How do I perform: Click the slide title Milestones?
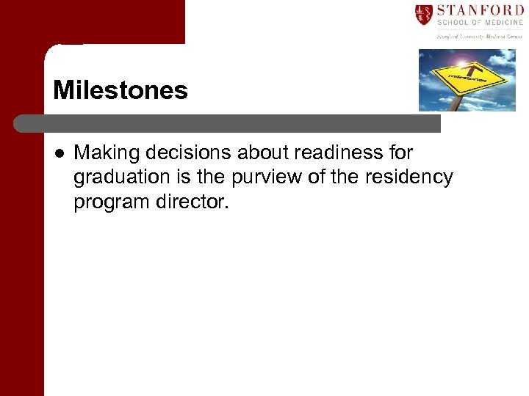[120, 91]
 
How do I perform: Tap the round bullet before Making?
[58, 153]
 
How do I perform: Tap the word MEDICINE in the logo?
[500, 23]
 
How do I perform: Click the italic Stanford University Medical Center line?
[479, 36]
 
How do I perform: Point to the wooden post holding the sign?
[455, 103]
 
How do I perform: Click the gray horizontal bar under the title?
[228, 122]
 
